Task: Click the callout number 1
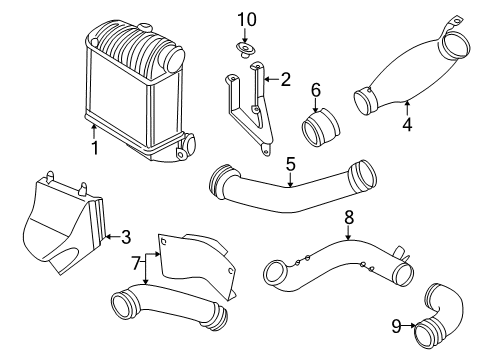click(x=95, y=148)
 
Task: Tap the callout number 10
click(x=247, y=19)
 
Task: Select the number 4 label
click(x=407, y=124)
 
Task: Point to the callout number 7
click(x=135, y=264)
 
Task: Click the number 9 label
click(x=396, y=326)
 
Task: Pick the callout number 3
click(x=126, y=237)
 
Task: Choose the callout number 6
click(x=316, y=90)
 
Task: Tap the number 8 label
click(x=349, y=217)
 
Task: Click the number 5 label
click(x=291, y=164)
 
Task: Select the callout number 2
click(x=285, y=79)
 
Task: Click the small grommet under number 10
click(x=245, y=50)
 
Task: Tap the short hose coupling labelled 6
click(x=320, y=128)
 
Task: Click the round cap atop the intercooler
click(x=145, y=27)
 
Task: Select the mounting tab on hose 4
click(x=452, y=24)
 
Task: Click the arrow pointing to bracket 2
click(x=272, y=79)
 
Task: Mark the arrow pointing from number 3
click(x=112, y=237)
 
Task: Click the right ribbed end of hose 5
click(x=362, y=176)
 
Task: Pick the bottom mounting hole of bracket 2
click(x=266, y=152)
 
